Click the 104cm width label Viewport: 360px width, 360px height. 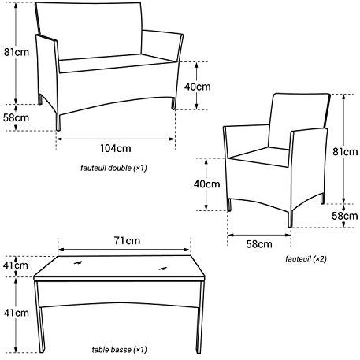116,148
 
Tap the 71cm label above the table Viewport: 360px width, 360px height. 127,240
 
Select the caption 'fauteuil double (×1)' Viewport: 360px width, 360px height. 113,168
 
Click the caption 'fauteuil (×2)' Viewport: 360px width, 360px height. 306,259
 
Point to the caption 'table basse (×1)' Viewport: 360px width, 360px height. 119,350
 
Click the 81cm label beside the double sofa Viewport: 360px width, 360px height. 17,52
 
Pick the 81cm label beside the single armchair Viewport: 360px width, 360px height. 345,152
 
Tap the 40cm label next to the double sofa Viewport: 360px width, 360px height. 197,87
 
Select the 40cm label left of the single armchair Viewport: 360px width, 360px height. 207,184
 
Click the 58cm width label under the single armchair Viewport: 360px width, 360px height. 259,244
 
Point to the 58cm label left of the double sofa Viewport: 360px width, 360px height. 16,117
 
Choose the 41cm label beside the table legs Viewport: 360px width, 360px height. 17,313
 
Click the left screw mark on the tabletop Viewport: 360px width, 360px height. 78,262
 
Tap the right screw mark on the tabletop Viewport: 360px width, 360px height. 163,269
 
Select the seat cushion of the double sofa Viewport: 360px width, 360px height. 116,63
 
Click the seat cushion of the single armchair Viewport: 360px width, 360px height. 260,157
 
